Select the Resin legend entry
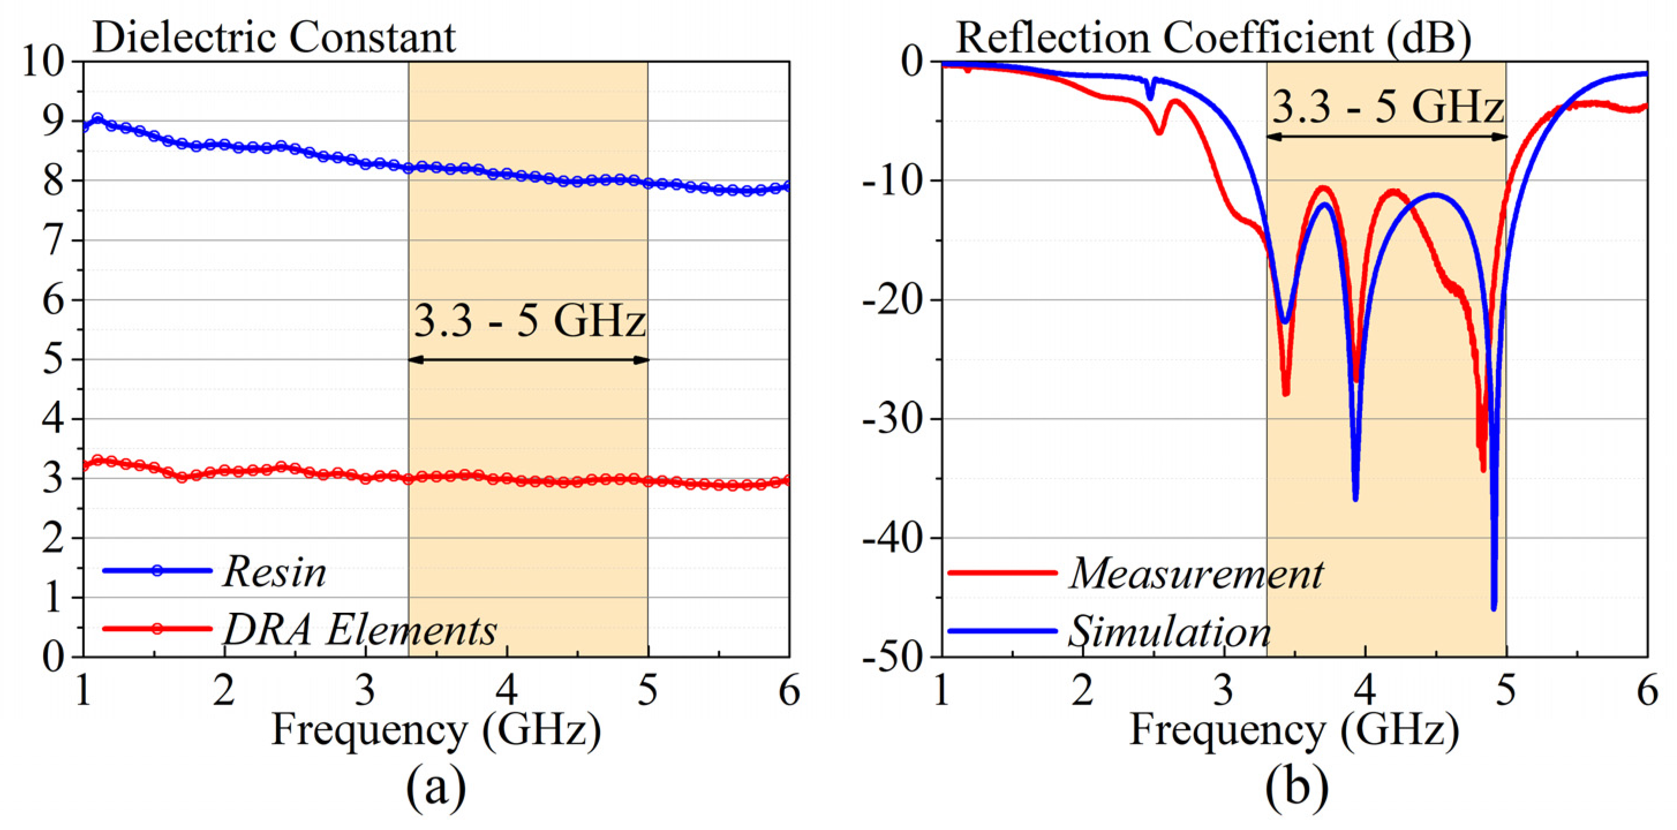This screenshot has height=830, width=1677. pyautogui.click(x=273, y=573)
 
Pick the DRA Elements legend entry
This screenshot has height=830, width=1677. pyautogui.click(x=360, y=630)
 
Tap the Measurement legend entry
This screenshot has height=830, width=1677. pyautogui.click(x=1196, y=574)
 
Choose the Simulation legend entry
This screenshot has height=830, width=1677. pyautogui.click(x=1169, y=632)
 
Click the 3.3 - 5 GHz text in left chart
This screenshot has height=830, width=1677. pyautogui.click(x=529, y=321)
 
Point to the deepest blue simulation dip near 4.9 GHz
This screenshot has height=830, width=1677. pyautogui.click(x=1494, y=607)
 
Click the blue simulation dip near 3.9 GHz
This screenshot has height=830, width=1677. pyautogui.click(x=1355, y=497)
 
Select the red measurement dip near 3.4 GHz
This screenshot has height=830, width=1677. pyautogui.click(x=1286, y=393)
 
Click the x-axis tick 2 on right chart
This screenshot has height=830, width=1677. pyautogui.click(x=1083, y=691)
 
